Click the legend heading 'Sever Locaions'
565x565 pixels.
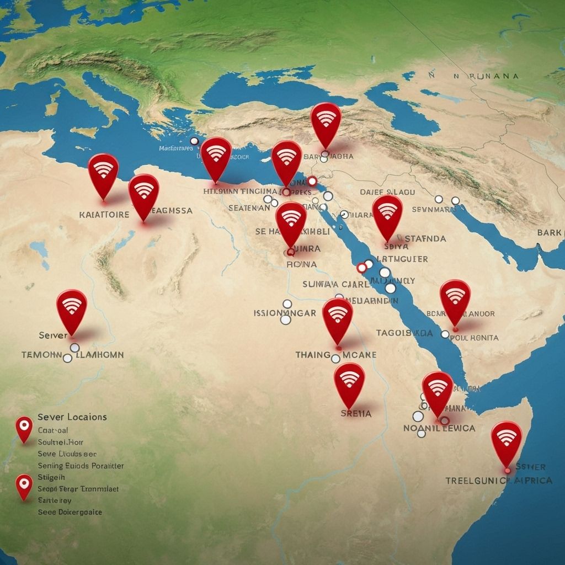click(x=72, y=417)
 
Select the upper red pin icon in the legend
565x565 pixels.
click(x=24, y=428)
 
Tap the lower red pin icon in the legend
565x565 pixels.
click(x=24, y=485)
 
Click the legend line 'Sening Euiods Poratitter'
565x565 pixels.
click(x=81, y=466)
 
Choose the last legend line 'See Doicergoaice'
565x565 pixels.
click(x=70, y=511)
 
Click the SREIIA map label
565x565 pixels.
click(x=356, y=413)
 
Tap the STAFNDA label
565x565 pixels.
click(x=425, y=239)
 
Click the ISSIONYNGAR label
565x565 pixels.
click(x=285, y=313)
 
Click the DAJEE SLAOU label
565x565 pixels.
click(x=387, y=192)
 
